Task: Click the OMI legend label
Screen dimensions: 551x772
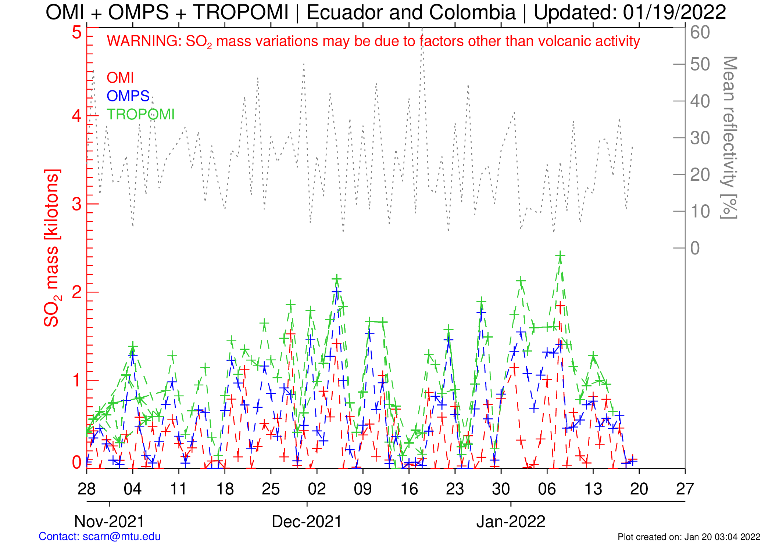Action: coord(120,78)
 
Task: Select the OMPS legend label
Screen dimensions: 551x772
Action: coord(128,96)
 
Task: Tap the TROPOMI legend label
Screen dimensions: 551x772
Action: coord(140,115)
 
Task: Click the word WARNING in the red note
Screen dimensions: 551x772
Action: coord(144,41)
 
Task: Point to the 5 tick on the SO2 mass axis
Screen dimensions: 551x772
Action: coord(77,32)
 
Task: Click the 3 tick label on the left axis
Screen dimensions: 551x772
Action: coord(77,204)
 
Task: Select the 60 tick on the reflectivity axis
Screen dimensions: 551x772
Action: coord(700,32)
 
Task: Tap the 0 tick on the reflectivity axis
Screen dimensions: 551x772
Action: coord(695,248)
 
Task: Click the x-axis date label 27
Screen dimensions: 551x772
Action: coord(685,489)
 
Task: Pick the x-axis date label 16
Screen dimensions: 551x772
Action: coord(409,489)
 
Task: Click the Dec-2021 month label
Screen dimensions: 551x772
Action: coord(307,522)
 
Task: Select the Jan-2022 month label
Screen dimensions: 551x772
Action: coord(511,522)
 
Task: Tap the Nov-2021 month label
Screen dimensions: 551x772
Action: coord(109,522)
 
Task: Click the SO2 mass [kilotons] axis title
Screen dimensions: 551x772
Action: coord(52,248)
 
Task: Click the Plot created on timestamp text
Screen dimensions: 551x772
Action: coord(689,537)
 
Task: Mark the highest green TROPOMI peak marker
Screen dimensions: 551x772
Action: coord(560,255)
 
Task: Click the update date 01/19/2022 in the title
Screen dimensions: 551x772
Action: coord(674,12)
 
